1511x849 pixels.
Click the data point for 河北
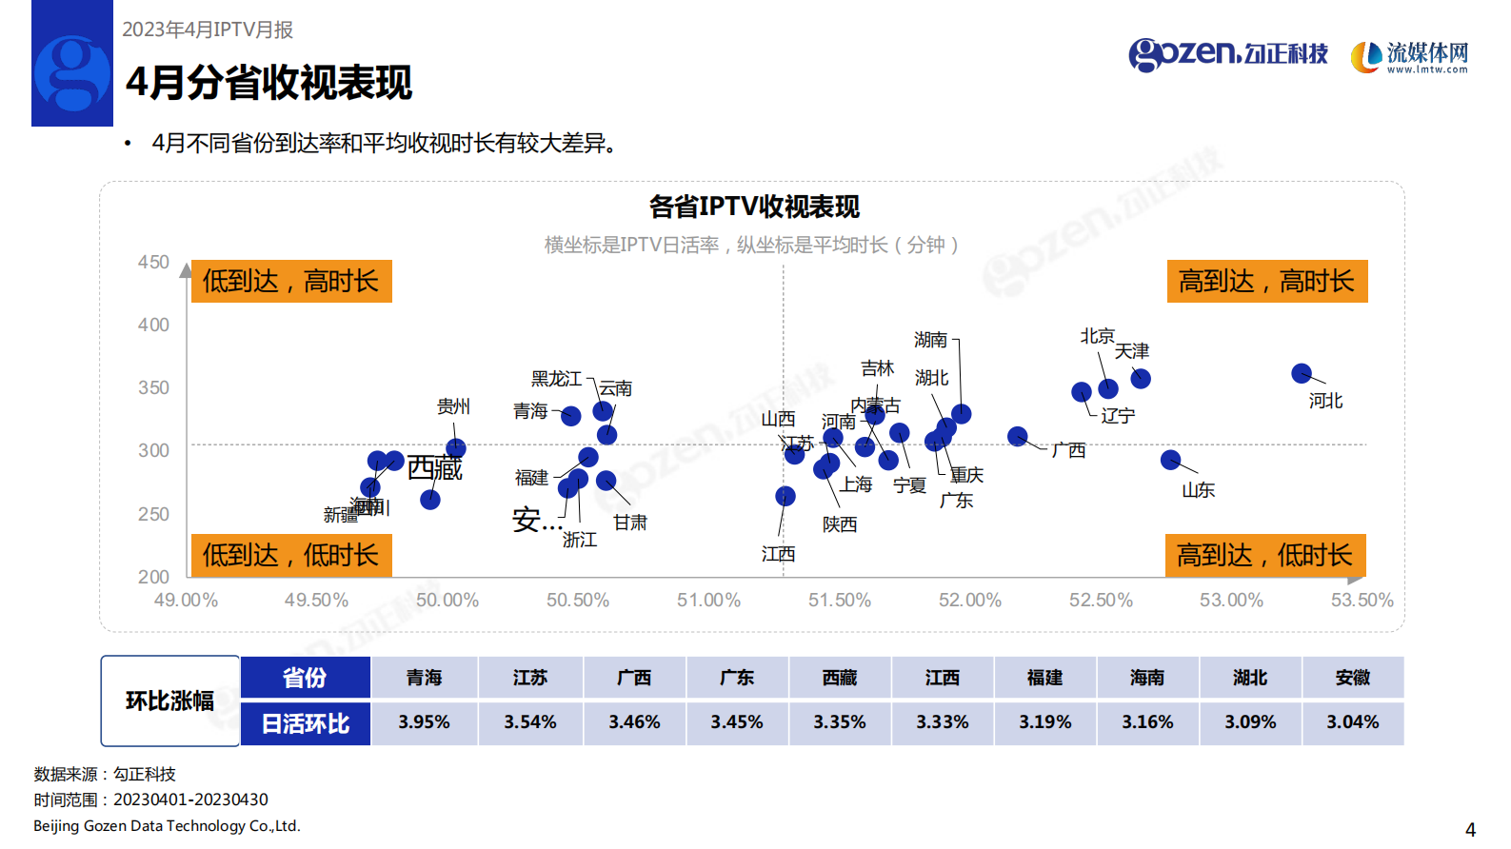click(x=1302, y=373)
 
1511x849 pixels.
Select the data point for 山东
click(x=1171, y=460)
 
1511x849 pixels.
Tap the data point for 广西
click(x=1018, y=436)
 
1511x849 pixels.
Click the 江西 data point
click(x=785, y=496)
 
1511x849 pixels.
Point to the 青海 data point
click(x=571, y=416)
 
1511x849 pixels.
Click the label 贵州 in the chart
click(x=453, y=406)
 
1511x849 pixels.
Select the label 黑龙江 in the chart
click(x=556, y=379)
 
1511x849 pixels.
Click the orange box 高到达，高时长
click(x=1266, y=282)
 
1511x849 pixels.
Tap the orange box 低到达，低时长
click(x=291, y=555)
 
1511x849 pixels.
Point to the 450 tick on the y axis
click(x=153, y=263)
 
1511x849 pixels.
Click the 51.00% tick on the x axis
click(x=708, y=601)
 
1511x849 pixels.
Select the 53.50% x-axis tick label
click(x=1362, y=601)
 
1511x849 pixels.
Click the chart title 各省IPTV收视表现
click(x=754, y=207)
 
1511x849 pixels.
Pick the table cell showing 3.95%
click(x=424, y=722)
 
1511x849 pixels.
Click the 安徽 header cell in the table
click(x=1352, y=678)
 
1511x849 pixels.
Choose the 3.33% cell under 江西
click(x=942, y=722)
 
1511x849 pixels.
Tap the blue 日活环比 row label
click(x=306, y=724)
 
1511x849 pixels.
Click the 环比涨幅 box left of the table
click(x=169, y=701)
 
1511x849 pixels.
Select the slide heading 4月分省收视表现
click(x=269, y=83)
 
